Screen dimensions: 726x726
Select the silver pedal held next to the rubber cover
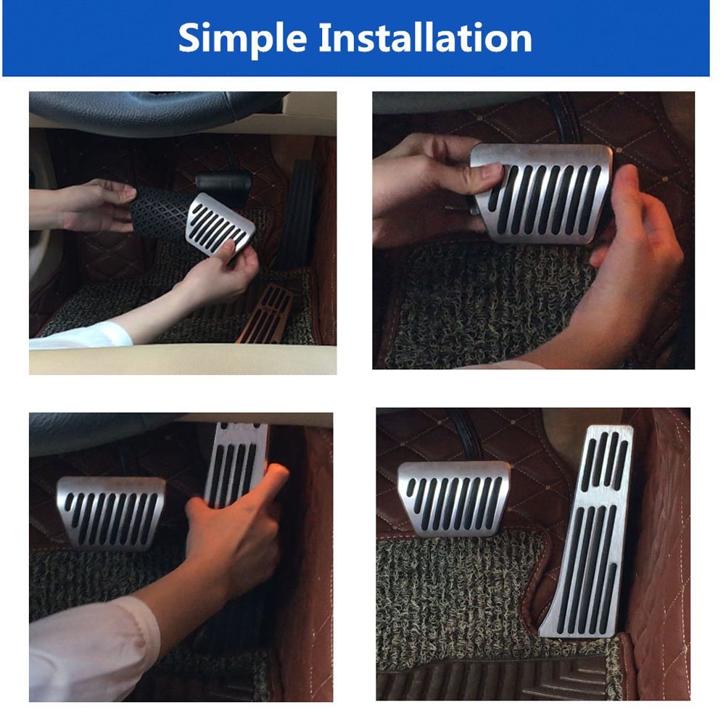tap(221, 225)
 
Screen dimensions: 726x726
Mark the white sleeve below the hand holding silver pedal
tap(80, 335)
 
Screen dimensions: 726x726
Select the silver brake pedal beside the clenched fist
tap(111, 511)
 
